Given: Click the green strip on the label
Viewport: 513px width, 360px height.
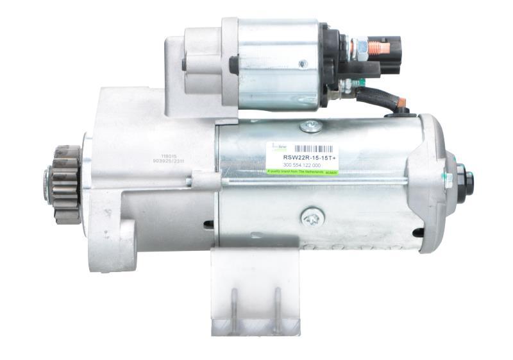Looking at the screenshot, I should (x=301, y=172).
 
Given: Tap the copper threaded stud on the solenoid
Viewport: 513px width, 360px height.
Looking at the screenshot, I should (x=378, y=47).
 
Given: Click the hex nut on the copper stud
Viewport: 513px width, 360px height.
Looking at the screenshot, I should (x=361, y=46).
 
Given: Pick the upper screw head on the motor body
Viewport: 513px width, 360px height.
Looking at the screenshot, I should (x=311, y=126).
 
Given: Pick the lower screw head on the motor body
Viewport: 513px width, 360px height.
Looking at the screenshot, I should (x=311, y=218).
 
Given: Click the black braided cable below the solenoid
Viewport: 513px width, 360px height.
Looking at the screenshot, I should (x=378, y=99).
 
